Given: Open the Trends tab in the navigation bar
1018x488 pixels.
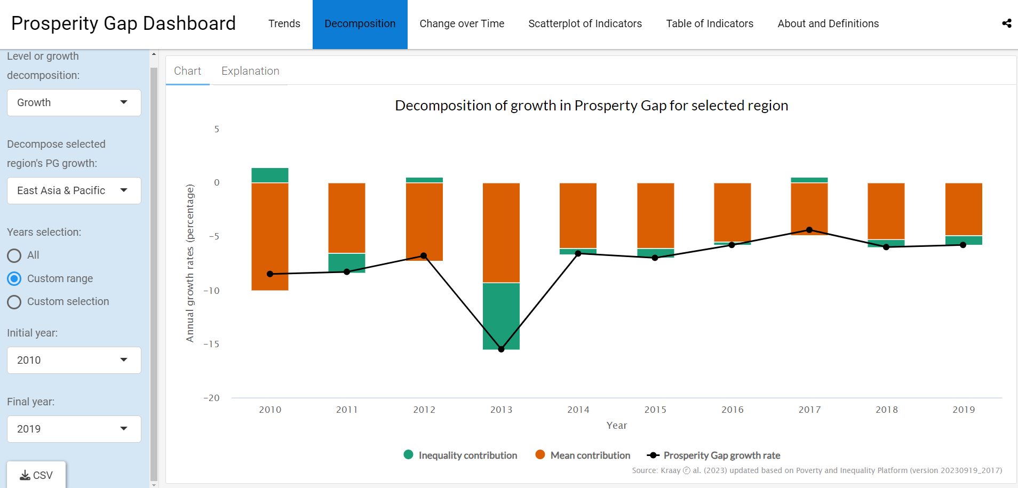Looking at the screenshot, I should (284, 24).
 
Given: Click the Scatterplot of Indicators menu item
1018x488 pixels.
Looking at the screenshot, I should (585, 24).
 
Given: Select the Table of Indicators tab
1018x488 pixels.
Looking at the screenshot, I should (709, 24).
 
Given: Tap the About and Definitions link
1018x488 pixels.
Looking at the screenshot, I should (828, 24).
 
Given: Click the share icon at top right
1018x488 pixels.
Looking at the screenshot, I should (1006, 23).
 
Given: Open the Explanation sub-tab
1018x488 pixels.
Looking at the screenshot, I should (250, 71).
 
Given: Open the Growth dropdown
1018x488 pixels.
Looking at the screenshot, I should (74, 103).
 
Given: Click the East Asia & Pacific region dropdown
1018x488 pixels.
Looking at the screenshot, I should (74, 191).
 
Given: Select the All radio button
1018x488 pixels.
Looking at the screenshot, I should (14, 255).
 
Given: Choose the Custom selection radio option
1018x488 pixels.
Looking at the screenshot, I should (14, 302).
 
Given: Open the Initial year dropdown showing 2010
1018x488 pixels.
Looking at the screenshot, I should (74, 361).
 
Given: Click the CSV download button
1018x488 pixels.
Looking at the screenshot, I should (36, 475).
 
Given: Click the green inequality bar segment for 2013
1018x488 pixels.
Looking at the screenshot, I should (501, 316).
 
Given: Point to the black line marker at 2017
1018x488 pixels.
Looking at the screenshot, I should (809, 230).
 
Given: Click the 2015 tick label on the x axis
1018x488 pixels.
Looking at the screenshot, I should (655, 410).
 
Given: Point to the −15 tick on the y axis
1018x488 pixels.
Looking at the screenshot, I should (212, 345).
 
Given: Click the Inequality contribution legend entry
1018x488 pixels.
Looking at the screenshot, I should (461, 455).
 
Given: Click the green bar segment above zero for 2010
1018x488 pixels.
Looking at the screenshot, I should (270, 175).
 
